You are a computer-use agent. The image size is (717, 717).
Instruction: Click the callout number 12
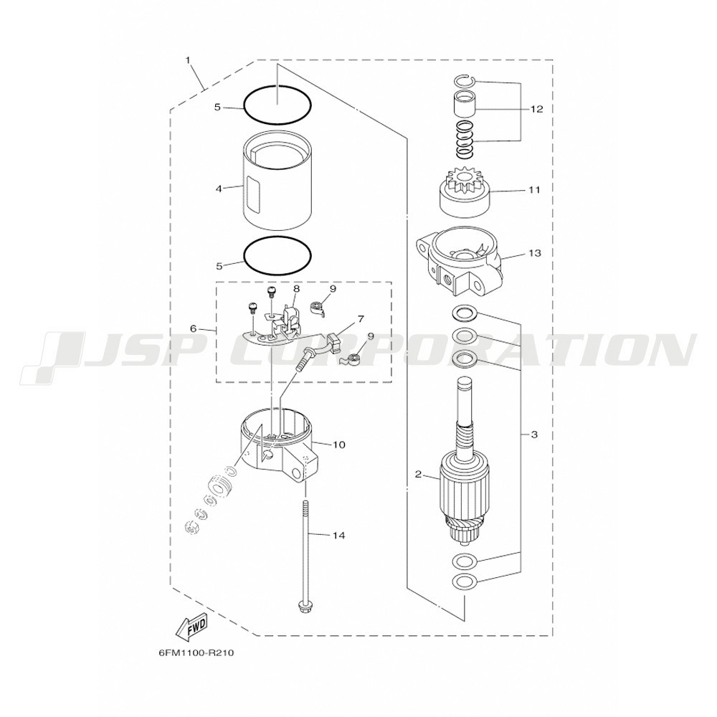[x=536, y=109]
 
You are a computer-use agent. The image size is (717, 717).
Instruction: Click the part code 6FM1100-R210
[x=196, y=653]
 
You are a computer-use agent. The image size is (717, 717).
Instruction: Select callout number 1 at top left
[x=187, y=60]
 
